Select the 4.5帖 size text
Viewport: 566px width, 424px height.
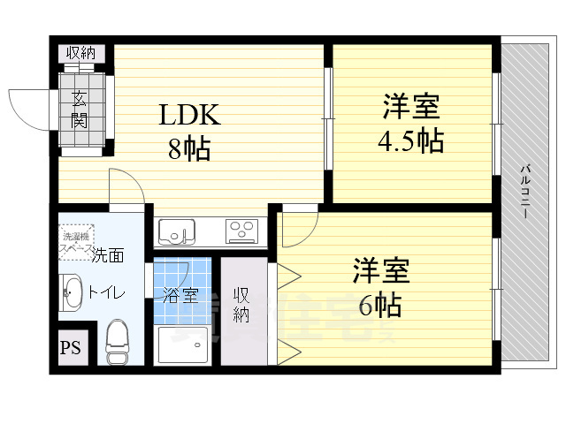click(412, 140)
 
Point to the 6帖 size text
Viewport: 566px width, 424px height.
click(381, 305)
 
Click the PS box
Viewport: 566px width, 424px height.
click(71, 347)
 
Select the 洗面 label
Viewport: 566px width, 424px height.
click(109, 256)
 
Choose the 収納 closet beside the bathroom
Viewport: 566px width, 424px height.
click(241, 305)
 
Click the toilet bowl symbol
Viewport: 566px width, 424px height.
click(117, 341)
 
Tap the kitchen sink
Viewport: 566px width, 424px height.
click(181, 231)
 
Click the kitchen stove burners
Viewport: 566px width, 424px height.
click(241, 231)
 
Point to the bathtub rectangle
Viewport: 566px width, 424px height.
click(184, 345)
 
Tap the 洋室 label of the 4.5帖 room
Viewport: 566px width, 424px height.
click(411, 107)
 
